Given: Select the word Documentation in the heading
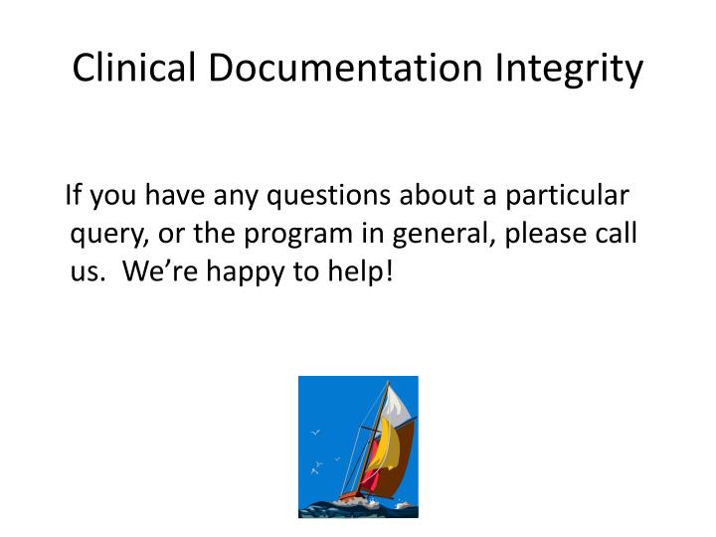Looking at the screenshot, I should pos(340,69).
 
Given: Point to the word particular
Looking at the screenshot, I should pos(566,196).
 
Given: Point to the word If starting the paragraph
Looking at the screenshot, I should pos(74,196).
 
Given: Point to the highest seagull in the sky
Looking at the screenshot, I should pos(316,433).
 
